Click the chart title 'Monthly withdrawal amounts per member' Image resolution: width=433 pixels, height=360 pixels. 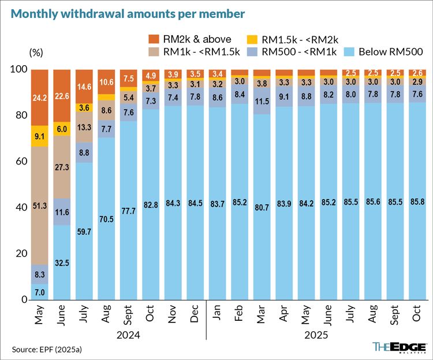click(x=125, y=12)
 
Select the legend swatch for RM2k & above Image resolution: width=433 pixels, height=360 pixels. click(x=155, y=39)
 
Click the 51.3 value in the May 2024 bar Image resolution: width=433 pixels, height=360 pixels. click(x=40, y=206)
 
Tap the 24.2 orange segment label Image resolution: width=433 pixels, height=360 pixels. click(x=40, y=98)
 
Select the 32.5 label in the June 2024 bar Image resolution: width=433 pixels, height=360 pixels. click(x=62, y=262)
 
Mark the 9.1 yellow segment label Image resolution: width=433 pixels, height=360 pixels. click(x=40, y=137)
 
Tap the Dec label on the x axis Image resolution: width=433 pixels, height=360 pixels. click(x=195, y=315)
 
